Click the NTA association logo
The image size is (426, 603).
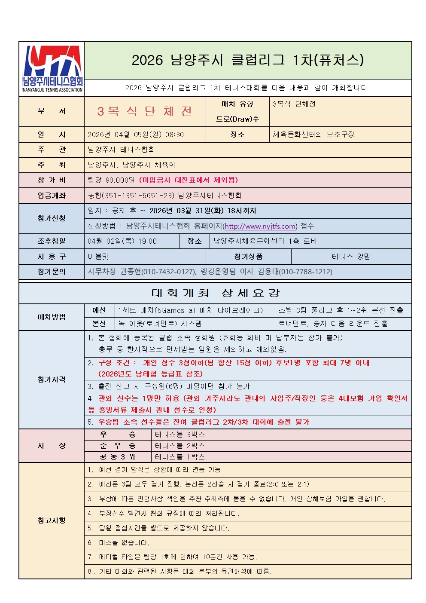(52, 69)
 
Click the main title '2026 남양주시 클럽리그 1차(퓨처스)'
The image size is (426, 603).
(247, 60)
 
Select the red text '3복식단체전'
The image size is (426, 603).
(145, 111)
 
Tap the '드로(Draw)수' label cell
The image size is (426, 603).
(237, 119)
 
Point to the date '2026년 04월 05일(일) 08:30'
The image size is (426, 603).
(136, 135)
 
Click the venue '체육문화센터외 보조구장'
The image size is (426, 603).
(313, 134)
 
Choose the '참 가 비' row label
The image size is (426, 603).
(52, 180)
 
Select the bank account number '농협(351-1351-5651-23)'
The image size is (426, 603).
(131, 196)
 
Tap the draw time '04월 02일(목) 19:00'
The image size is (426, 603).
(122, 241)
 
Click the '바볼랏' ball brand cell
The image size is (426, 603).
(98, 257)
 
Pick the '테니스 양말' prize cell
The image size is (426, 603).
(351, 257)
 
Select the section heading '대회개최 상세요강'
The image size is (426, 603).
(215, 293)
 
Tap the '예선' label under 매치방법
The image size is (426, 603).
(99, 310)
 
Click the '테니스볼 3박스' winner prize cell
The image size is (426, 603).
(180, 435)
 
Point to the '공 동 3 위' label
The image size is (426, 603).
(117, 457)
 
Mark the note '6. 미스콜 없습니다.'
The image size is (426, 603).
(119, 543)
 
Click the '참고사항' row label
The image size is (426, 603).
(52, 520)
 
